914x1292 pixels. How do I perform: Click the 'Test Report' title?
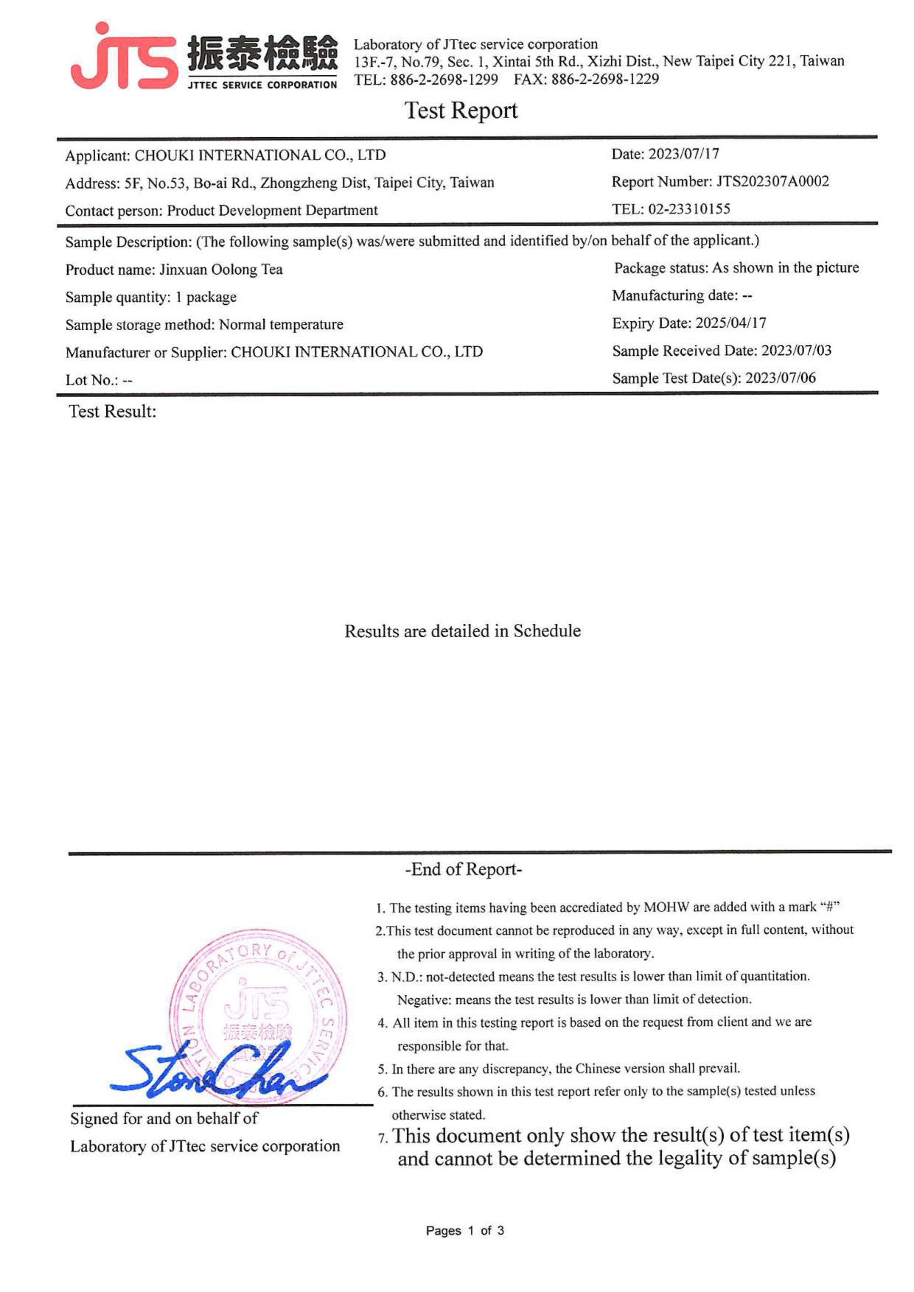pos(460,111)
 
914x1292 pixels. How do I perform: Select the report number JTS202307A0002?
pos(772,182)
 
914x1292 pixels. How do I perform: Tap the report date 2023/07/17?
pos(683,154)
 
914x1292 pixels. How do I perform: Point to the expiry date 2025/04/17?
pos(731,323)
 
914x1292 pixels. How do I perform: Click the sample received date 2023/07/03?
pos(796,351)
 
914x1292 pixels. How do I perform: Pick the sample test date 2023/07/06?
pos(780,378)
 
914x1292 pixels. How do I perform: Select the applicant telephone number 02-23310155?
pos(689,210)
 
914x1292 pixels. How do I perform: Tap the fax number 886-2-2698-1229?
pos(605,80)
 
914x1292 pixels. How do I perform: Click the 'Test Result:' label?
pos(112,412)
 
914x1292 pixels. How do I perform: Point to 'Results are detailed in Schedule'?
pos(462,631)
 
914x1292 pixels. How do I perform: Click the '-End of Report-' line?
pos(463,870)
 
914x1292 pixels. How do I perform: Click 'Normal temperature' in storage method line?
pos(281,325)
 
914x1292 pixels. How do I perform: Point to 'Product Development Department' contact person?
pos(272,210)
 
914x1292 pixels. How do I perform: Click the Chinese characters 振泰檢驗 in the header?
pos(262,53)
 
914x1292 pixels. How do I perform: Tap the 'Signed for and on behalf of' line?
pos(164,1119)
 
